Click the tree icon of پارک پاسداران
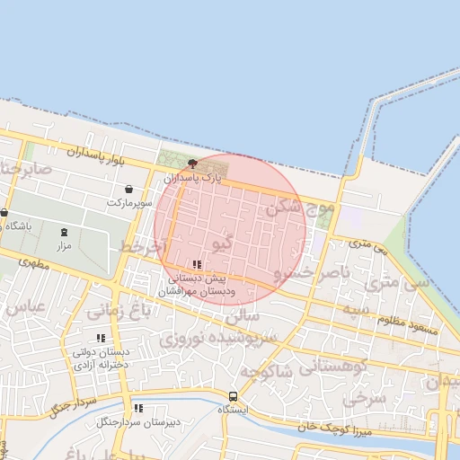point(192,164)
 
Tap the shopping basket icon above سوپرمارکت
point(131,190)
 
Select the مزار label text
point(64,245)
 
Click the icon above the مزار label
point(64,233)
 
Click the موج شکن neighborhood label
point(299,209)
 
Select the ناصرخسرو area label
point(310,270)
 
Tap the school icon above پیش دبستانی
point(197,264)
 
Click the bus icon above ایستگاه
point(234,396)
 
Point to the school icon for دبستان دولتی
point(101,338)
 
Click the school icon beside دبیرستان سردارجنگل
point(138,408)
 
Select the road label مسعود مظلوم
point(408,325)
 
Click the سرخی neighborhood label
point(363,396)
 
